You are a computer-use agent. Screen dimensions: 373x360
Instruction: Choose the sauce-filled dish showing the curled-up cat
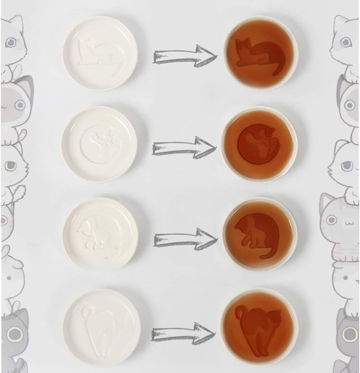(x=259, y=143)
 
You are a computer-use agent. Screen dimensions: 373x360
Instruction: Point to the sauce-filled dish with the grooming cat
(x=259, y=233)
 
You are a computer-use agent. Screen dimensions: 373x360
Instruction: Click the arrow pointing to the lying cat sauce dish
(x=184, y=56)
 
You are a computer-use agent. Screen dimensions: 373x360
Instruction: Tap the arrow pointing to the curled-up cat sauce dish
(x=184, y=147)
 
